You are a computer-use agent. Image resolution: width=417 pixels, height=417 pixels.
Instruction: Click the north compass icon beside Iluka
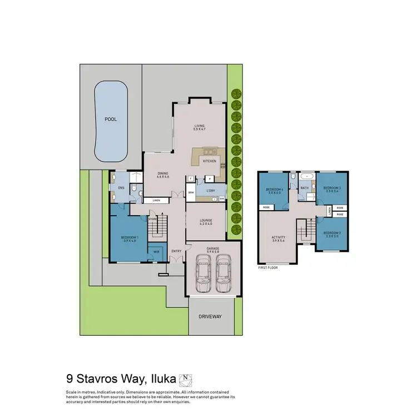[187, 380]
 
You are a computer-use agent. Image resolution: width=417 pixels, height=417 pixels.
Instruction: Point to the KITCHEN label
[209, 161]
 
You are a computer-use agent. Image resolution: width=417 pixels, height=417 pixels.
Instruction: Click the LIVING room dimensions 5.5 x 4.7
[200, 130]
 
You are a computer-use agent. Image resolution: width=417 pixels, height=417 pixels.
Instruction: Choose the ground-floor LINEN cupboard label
[157, 200]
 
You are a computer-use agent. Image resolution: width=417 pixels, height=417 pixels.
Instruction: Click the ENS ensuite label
[121, 188]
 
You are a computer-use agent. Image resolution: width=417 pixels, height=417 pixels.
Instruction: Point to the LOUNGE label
[206, 220]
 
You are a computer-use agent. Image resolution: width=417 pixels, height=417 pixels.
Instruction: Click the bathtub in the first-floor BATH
[306, 177]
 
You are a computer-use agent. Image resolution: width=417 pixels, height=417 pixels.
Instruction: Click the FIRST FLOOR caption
[268, 267]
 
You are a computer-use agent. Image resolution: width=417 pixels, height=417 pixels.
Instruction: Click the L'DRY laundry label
[211, 191]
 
